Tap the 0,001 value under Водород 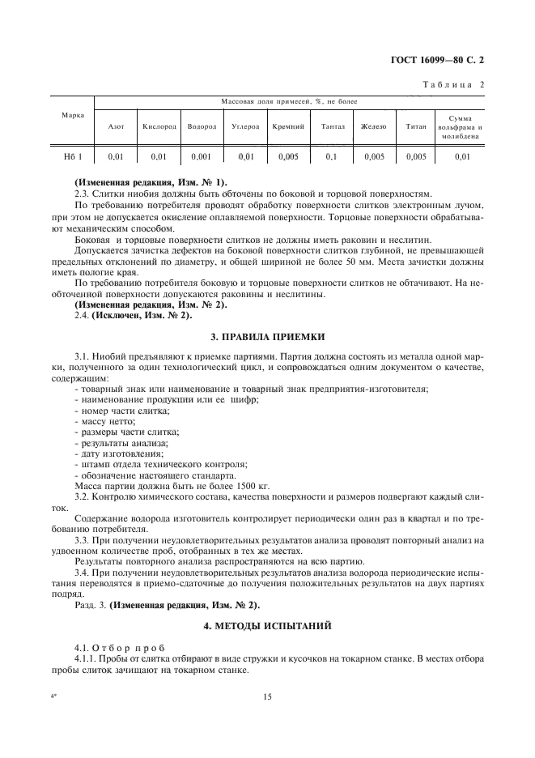coord(202,157)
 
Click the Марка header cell coord(74,115)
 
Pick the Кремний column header coord(288,126)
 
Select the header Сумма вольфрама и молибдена coord(462,126)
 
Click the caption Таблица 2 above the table coord(454,85)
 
